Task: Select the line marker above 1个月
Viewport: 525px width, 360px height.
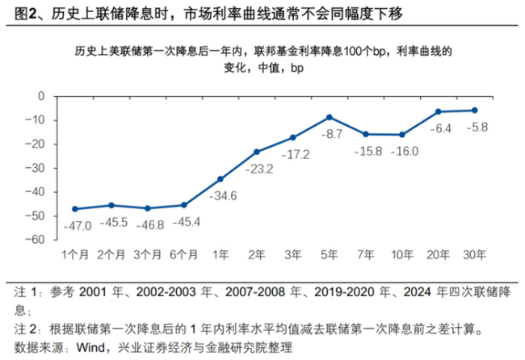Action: tap(75, 209)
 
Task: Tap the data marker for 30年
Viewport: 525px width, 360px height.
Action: tap(474, 110)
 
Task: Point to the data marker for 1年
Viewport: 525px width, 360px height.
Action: tap(220, 179)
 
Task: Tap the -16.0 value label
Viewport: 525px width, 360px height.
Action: tap(404, 150)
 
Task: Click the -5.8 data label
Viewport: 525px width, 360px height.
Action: tap(477, 126)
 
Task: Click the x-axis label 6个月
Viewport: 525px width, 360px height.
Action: tap(183, 254)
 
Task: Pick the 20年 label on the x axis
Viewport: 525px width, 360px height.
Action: tap(438, 254)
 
